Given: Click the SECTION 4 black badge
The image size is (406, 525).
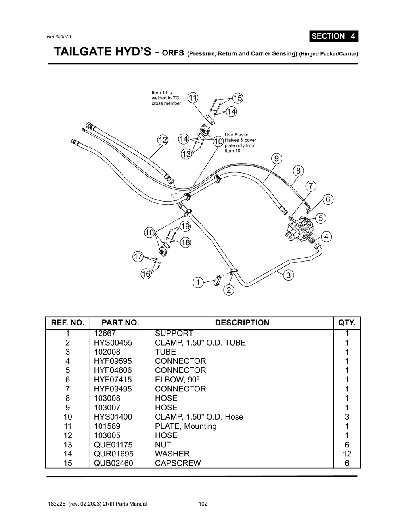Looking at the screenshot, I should pos(333,36).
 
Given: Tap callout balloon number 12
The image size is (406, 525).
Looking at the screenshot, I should pos(163,140).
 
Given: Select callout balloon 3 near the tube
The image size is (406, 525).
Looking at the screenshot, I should pos(288,275).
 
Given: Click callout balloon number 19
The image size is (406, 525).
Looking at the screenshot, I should pos(185,226).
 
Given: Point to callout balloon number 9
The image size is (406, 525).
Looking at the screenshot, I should pos(276,158).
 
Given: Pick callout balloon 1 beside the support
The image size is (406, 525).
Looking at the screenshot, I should pos(198,282).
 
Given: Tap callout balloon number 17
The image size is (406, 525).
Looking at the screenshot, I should pos(138,256).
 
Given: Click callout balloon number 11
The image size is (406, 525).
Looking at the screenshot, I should pos(193,98).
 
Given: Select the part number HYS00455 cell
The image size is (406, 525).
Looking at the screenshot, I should pos(113,343).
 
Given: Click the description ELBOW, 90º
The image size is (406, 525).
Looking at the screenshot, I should pos(174,380).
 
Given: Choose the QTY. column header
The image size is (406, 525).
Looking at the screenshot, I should pos(347,323).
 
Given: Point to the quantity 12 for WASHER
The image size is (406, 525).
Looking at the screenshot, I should pos(347,454).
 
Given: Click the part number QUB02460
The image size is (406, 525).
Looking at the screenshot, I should pos(113,463).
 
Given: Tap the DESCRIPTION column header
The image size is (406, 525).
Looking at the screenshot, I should pos(242,323).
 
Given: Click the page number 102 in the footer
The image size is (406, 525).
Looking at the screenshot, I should pos(203,504).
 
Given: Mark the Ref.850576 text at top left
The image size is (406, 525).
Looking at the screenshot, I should pos(59,36).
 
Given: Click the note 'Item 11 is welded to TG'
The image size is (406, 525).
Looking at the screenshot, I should pos(166,98).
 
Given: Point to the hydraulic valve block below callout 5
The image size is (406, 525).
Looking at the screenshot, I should pos(300,230).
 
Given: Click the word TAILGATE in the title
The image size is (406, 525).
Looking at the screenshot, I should pos(82,52).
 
